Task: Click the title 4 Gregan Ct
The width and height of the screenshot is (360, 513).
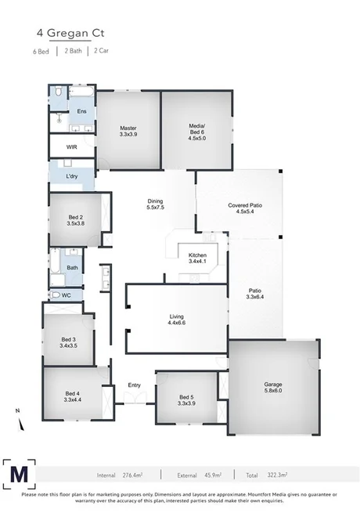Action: coord(70,34)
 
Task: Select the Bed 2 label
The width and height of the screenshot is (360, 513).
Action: coord(76,220)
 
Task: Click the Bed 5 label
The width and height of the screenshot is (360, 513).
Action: coord(185,399)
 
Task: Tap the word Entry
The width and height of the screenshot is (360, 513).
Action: coord(134,385)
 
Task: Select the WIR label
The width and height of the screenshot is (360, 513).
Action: coord(71,146)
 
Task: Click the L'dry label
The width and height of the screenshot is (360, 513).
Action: coord(72,177)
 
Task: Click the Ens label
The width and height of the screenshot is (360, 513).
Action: coord(81,111)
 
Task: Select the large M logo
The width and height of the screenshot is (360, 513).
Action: coord(19,474)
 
